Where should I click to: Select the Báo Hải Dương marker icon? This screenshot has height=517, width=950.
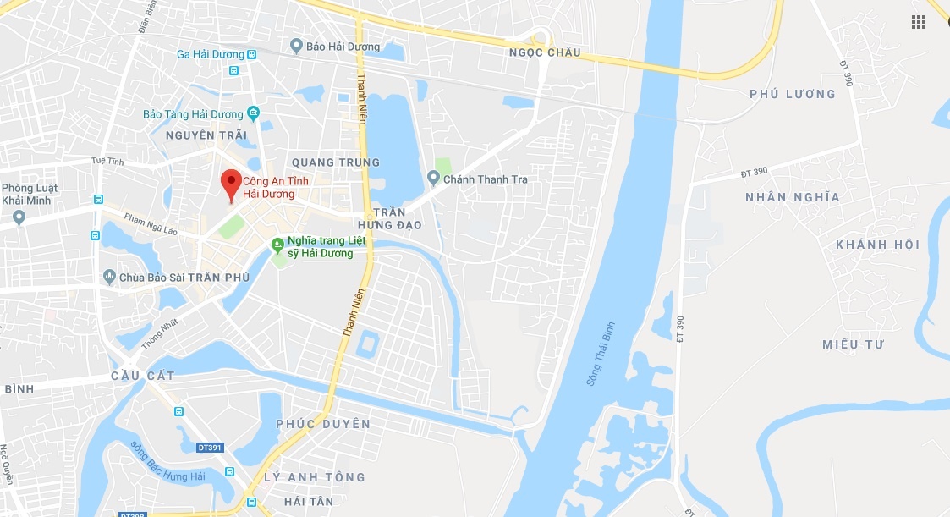[x=296, y=46]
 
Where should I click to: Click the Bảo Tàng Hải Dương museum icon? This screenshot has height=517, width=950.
[x=253, y=113]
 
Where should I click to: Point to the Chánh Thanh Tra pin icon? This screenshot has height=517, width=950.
[x=434, y=178]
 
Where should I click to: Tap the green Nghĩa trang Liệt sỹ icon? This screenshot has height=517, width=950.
[x=277, y=245]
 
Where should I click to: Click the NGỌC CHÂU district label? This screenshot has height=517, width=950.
[x=545, y=52]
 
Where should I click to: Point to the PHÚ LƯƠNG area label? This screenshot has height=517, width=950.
[x=792, y=94]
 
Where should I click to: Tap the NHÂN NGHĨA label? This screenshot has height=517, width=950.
[x=792, y=197]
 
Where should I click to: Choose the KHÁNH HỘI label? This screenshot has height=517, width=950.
[x=876, y=245]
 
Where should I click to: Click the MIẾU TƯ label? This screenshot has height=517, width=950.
[x=853, y=344]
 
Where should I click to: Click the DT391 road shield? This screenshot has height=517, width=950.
[x=213, y=446]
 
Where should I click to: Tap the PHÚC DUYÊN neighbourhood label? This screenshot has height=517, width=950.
[x=323, y=423]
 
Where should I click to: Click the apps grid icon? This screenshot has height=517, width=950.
[x=919, y=22]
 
